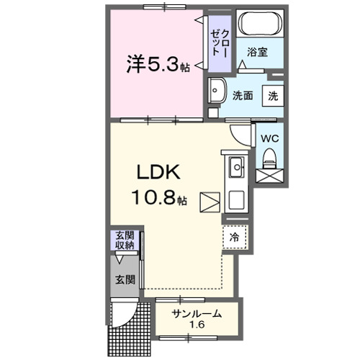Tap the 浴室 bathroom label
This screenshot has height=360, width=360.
click(x=258, y=52)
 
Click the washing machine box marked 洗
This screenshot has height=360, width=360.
click(x=274, y=95)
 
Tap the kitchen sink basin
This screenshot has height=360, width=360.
click(x=237, y=169)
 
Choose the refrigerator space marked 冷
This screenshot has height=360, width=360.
click(x=235, y=235)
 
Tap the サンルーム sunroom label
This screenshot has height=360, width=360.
click(x=197, y=314)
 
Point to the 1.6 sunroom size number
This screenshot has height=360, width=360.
click(x=197, y=325)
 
